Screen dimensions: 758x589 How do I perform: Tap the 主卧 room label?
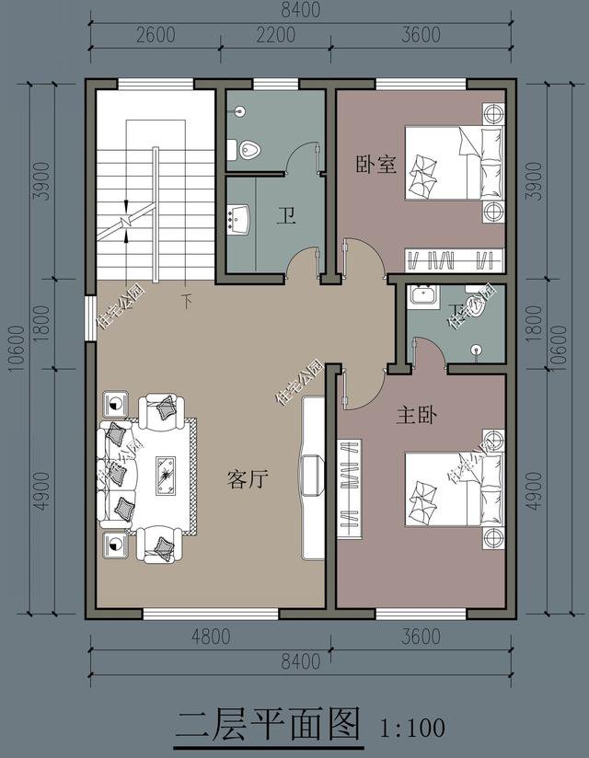pos(416,416)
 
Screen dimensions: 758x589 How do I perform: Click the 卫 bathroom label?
pos(287,217)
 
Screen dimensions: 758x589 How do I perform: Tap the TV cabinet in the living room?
pos(313,476)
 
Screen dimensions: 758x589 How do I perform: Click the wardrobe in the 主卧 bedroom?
pos(350,488)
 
